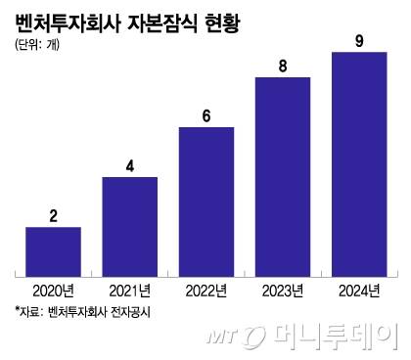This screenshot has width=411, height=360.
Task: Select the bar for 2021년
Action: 129,224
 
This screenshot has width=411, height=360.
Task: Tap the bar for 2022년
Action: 206,200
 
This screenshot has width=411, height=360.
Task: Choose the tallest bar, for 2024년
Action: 359,161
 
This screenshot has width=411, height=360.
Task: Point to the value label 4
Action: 129,165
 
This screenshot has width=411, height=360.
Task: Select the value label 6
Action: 206,115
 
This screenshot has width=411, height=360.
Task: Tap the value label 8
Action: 283,66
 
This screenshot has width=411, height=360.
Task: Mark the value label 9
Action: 359,40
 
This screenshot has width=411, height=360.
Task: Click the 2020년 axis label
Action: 53,290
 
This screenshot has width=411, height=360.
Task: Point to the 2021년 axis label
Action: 129,290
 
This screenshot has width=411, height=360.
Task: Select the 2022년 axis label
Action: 206,290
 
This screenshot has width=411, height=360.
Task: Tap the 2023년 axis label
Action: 283,290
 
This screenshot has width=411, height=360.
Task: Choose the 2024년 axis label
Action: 359,290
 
